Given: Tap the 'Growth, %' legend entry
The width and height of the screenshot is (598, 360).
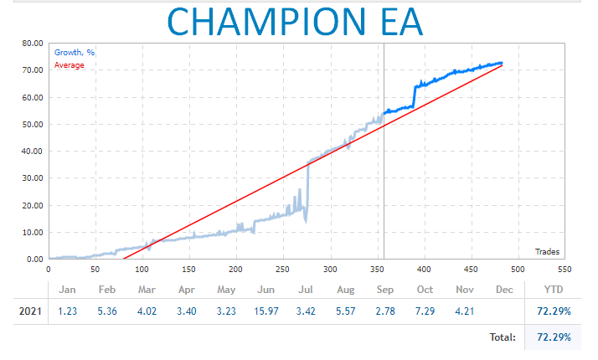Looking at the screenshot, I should pos(75,53).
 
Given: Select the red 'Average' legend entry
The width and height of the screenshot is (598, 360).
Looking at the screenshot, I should pos(70,64).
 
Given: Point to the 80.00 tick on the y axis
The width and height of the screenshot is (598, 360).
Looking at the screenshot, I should pos(32,44).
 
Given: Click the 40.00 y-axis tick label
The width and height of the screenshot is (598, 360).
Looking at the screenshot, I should pos(32,152).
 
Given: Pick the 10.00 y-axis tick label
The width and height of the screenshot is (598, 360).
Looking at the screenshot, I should pos(32,233).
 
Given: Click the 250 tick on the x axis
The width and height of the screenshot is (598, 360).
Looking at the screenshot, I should pos(235,269).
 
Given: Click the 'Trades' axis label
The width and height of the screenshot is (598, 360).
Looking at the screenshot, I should pos(547,251).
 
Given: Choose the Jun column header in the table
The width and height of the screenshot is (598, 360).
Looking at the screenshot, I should pos(267,290).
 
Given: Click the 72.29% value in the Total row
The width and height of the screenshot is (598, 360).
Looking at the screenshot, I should pos(554,337).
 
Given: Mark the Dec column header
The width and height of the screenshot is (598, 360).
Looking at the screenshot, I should pos(503,290).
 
